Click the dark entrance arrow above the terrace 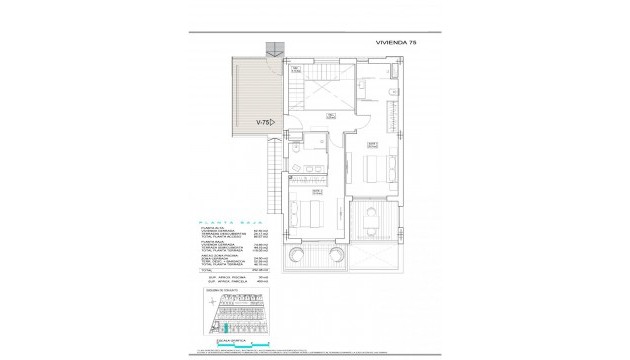(274, 50)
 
